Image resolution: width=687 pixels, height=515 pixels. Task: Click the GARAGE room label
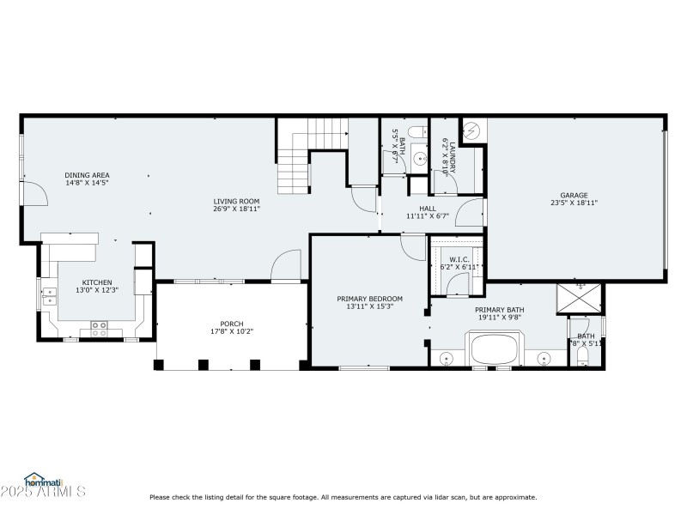575,194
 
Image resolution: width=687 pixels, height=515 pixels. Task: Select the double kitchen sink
48,296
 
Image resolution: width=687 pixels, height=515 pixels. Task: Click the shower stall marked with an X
581,297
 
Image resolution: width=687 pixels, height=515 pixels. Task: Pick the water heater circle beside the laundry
471,131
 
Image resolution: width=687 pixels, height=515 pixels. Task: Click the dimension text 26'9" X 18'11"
236,209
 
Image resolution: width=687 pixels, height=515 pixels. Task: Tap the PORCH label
232,324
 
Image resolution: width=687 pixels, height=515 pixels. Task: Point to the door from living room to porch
286,266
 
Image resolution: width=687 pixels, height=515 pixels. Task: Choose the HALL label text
428,208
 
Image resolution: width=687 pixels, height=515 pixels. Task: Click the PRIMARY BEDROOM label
369,299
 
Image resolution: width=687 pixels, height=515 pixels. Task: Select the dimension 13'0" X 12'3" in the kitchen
97,290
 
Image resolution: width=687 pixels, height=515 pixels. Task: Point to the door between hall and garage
471,214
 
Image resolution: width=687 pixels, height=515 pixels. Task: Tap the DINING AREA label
87,175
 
